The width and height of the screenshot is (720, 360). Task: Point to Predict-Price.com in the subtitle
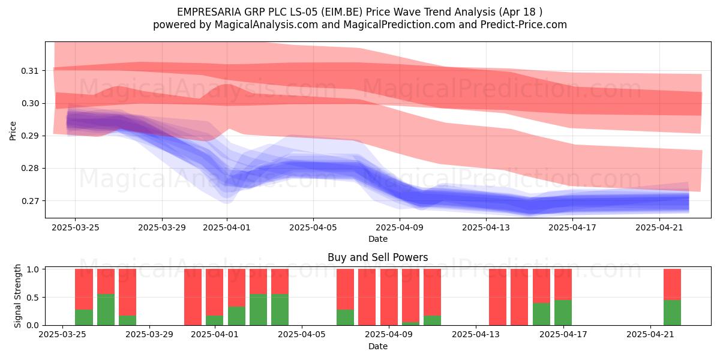tap(524, 25)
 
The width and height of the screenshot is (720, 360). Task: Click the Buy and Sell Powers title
tap(377, 257)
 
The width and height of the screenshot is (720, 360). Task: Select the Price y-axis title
tap(13, 131)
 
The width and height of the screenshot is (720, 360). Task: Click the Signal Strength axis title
tap(17, 296)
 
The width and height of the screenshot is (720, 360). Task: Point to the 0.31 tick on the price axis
tap(30, 71)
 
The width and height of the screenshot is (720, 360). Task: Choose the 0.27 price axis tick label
tap(30, 201)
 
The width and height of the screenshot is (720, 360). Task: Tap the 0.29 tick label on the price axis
tap(30, 136)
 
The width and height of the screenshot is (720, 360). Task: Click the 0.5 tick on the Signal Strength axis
tap(33, 298)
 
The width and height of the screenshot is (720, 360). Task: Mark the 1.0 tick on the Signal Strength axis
tap(33, 269)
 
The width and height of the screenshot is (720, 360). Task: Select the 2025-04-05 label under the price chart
tap(313, 227)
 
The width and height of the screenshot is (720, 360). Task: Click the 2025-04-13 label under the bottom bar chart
tap(476, 335)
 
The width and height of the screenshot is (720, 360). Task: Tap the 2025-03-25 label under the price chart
tap(75, 227)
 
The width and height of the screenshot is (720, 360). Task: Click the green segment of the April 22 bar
tap(672, 313)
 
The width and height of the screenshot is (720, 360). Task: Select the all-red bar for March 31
tap(193, 297)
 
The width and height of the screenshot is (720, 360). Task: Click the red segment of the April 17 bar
tap(563, 284)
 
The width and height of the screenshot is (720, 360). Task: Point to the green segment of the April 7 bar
tap(345, 317)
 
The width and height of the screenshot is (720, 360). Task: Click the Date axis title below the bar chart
tap(377, 346)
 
